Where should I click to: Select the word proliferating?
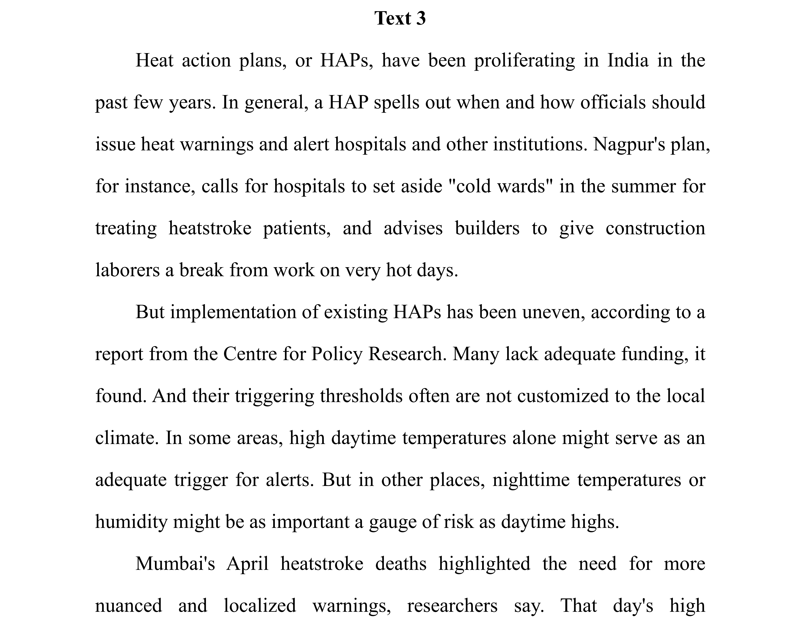point(524,61)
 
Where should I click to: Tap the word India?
point(628,61)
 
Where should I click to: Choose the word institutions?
point(538,144)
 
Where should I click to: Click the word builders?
point(487,228)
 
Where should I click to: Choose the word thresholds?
point(361,396)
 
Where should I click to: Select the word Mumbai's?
point(175,564)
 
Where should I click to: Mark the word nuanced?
point(128,606)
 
